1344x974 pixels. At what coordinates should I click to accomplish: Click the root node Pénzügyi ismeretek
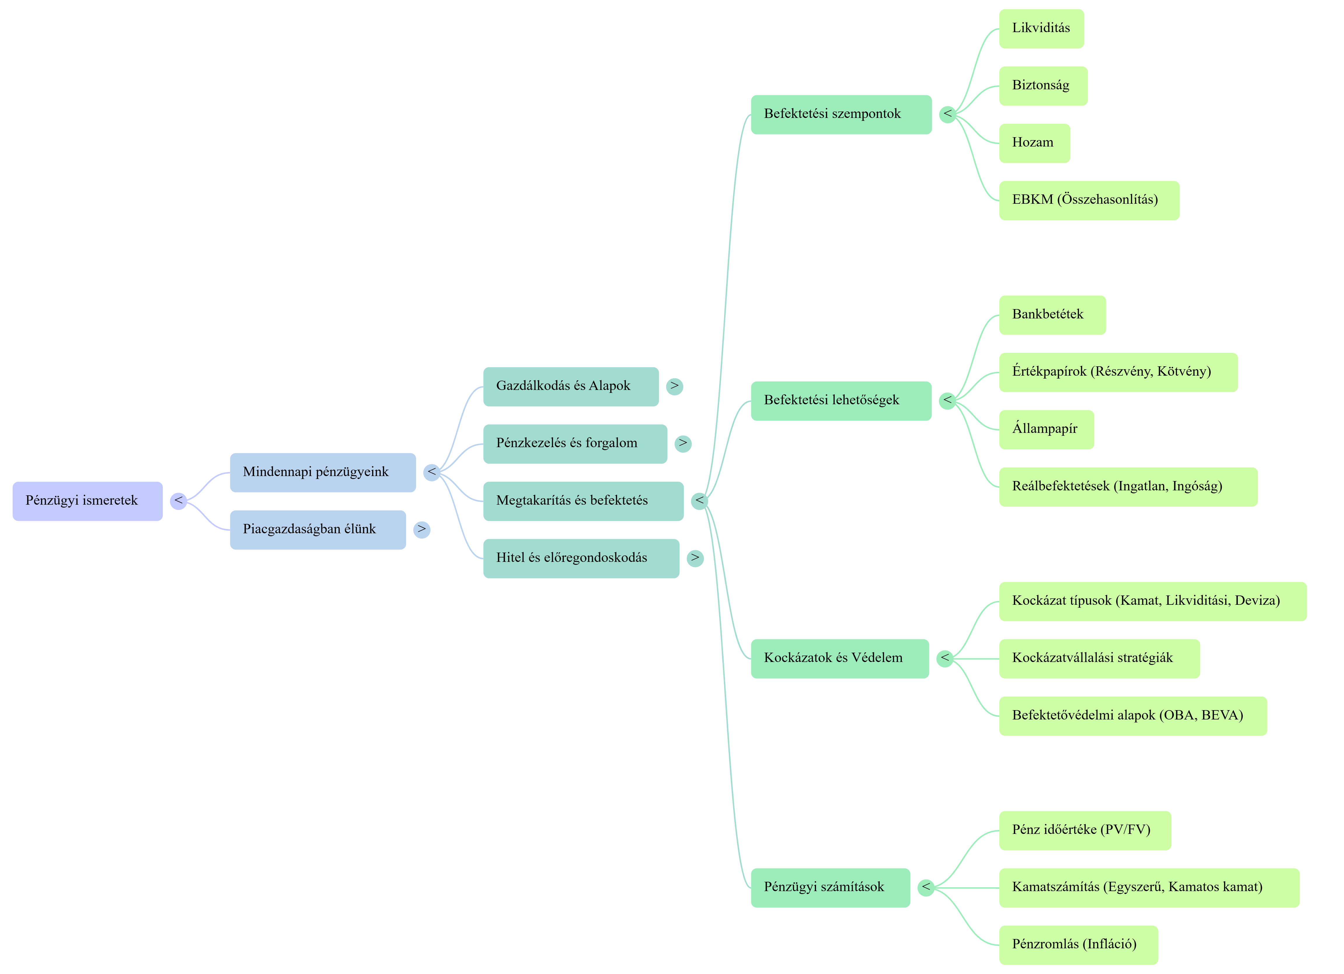87,501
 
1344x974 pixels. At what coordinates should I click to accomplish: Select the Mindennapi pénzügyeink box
323,473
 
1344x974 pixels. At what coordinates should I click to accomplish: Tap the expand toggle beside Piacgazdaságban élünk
421,529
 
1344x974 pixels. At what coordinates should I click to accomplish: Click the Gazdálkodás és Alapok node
570,386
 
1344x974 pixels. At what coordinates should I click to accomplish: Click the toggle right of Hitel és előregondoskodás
695,558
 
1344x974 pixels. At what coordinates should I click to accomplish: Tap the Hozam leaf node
1034,143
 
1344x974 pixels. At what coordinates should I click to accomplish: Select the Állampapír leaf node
1046,429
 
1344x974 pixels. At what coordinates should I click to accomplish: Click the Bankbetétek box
1052,315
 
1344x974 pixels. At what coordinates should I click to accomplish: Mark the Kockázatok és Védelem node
839,658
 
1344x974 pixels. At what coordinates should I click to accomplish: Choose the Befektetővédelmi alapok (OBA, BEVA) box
1132,715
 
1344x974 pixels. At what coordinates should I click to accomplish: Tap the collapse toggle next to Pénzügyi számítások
926,887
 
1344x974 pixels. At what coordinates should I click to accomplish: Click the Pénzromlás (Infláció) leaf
1078,944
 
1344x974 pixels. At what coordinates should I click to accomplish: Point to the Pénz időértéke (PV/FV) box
1085,830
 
